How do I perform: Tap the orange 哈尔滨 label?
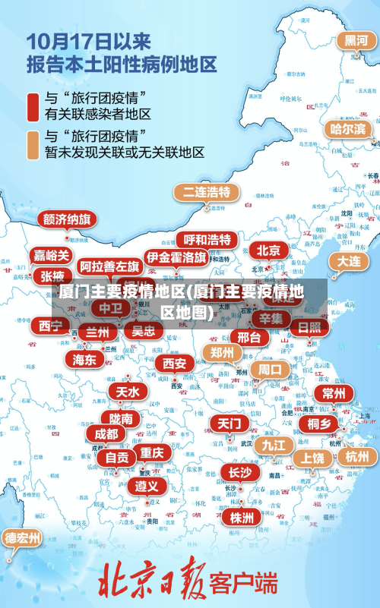tap(347, 129)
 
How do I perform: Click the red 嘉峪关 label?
tap(52, 256)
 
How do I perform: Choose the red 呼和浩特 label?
tap(207, 240)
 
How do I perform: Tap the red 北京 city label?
tap(268, 250)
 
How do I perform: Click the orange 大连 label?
tap(349, 260)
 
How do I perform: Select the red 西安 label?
tap(175, 364)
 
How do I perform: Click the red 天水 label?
tap(127, 392)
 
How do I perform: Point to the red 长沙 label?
tap(240, 472)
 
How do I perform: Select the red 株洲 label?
tap(242, 518)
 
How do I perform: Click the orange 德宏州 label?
tap(23, 538)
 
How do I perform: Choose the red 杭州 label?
tap(356, 456)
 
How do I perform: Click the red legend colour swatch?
tap(33, 106)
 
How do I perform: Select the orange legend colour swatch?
tap(33, 145)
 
